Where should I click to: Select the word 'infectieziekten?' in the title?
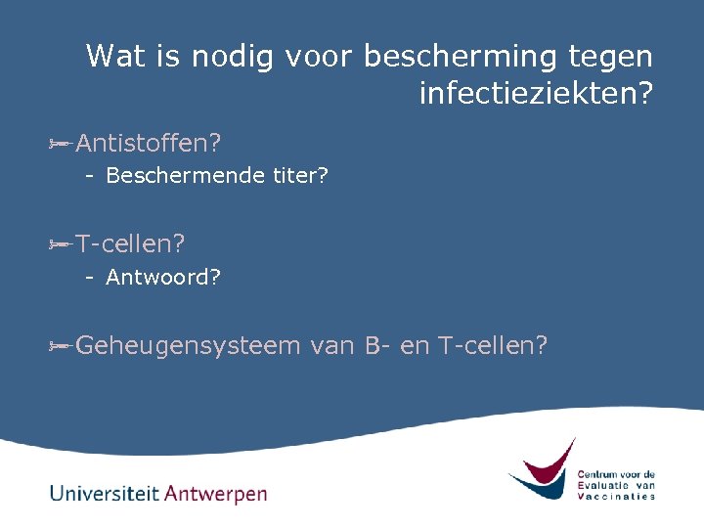[536, 94]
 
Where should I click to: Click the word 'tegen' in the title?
[610, 57]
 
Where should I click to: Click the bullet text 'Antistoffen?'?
[148, 144]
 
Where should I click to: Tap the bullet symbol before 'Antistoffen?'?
[59, 144]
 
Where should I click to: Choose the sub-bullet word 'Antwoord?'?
[163, 277]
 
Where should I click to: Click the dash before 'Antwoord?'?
[89, 277]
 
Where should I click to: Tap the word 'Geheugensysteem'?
[188, 345]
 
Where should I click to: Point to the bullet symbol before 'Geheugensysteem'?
[59, 345]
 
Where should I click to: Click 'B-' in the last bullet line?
[378, 345]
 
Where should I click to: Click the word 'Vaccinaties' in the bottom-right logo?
[616, 496]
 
